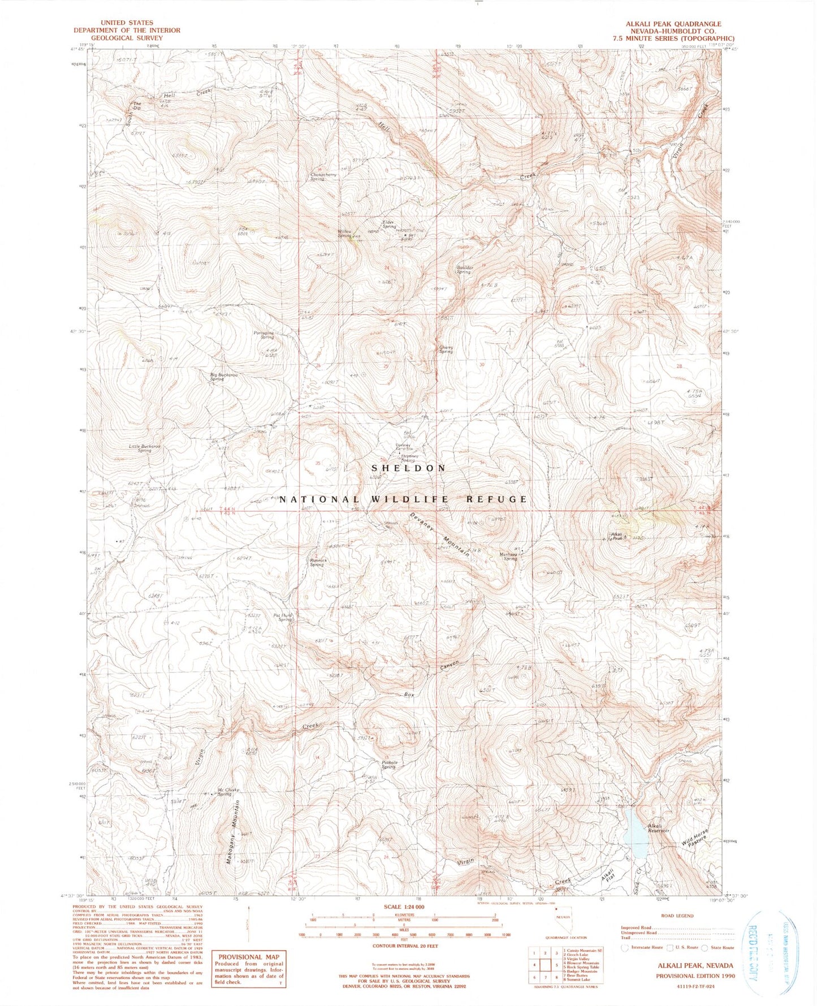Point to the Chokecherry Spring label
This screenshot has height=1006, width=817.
click(323, 177)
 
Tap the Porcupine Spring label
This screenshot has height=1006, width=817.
click(264, 335)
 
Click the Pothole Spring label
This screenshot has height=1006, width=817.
click(389, 765)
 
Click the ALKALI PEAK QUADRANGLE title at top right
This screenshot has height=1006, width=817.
click(673, 24)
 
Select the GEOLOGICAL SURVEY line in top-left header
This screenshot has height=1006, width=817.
click(126, 38)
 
